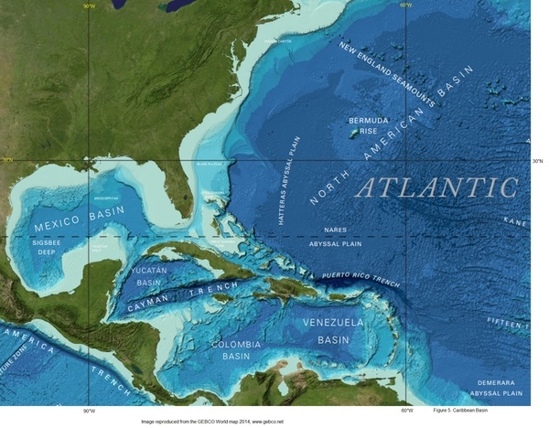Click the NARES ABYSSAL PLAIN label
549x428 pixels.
[x=335, y=237]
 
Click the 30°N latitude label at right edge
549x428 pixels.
[x=537, y=161]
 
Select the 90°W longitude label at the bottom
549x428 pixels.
[x=89, y=412]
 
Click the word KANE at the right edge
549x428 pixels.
[x=517, y=221]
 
